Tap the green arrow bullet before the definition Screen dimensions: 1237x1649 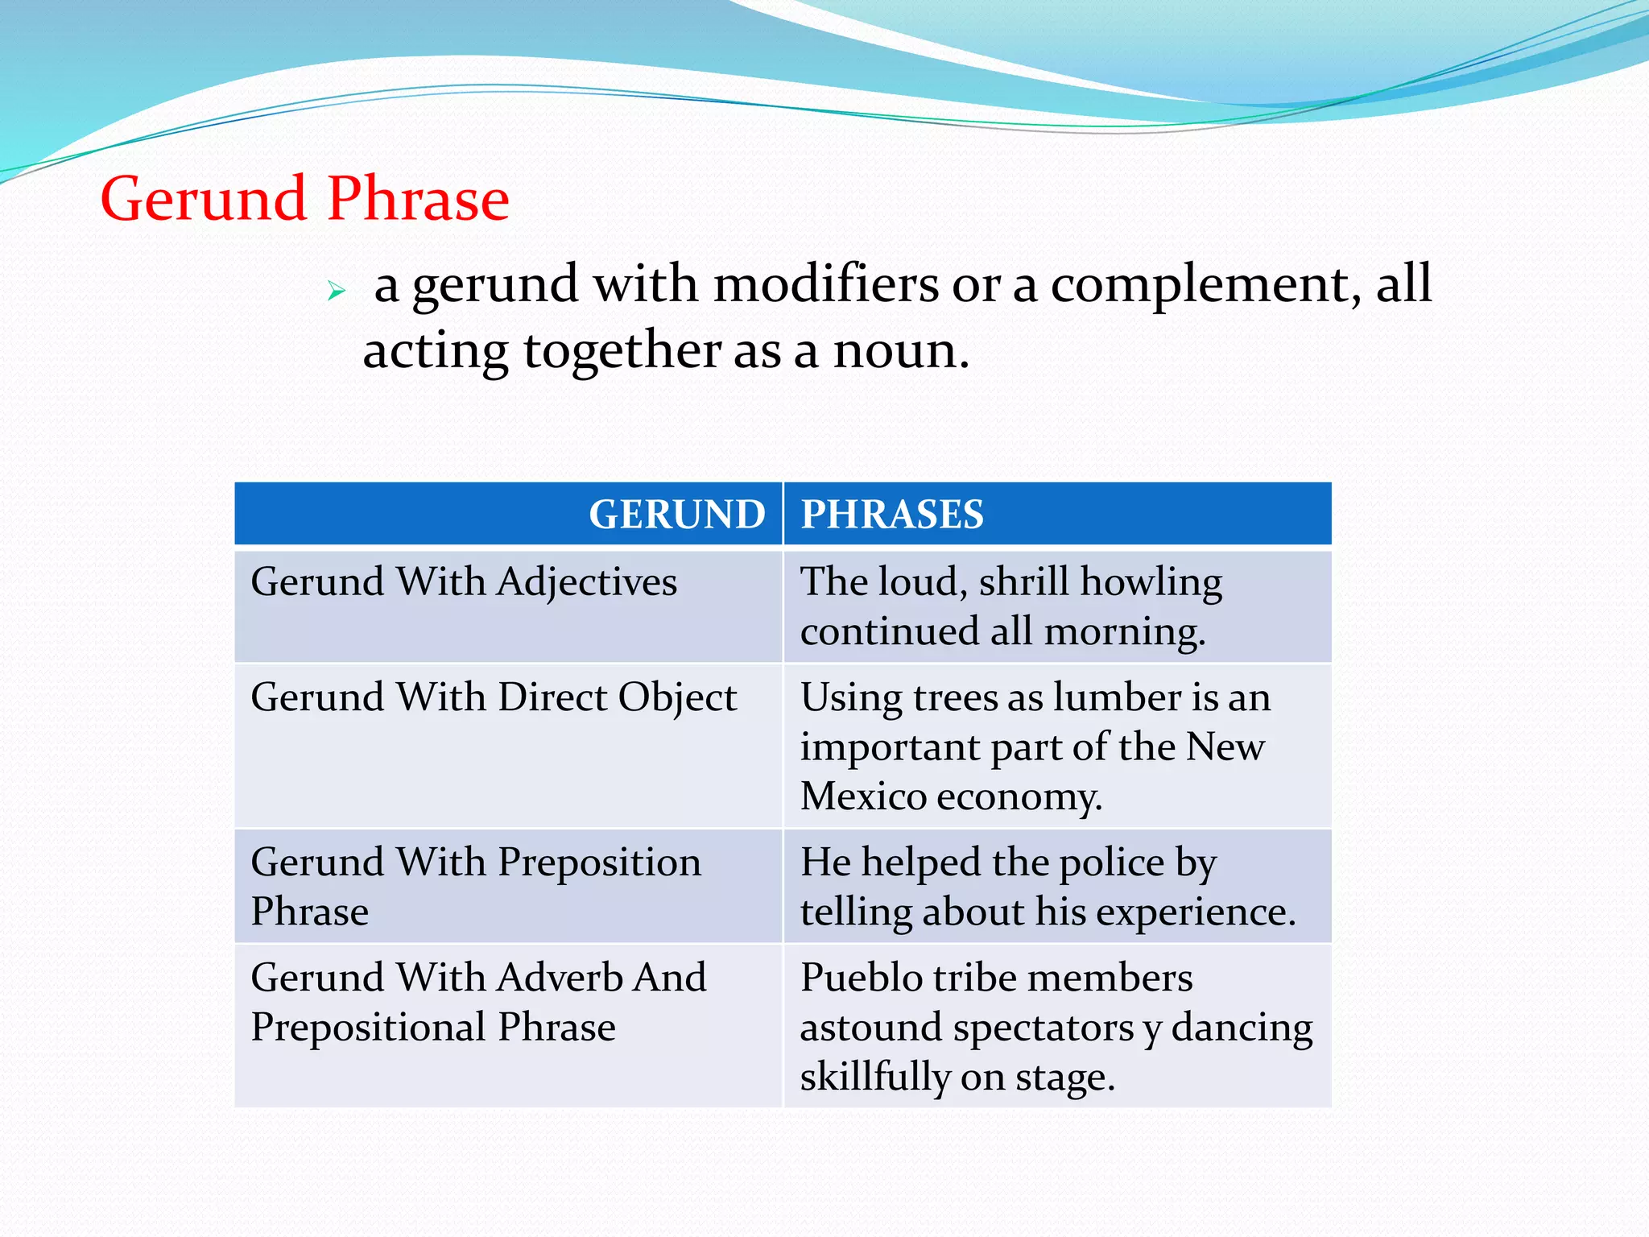337,291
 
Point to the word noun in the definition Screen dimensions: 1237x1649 899,352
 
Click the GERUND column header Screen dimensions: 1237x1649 676,514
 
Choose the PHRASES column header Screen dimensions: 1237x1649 892,514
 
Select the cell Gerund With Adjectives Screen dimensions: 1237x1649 464,581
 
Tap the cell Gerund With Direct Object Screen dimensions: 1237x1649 494,697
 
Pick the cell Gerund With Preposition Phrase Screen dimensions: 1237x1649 475,886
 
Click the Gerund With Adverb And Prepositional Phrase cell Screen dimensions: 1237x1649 478,1002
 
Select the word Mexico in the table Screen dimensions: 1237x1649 863,796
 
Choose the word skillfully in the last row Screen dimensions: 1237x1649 874,1078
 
